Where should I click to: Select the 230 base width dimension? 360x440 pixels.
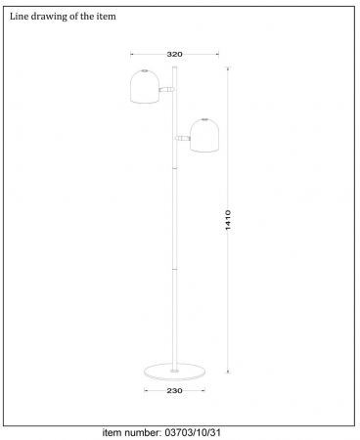click(173, 390)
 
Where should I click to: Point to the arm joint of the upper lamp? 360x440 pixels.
click(167, 89)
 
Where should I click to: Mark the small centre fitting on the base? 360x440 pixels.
click(174, 371)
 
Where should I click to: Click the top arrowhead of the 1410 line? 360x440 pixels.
click(229, 68)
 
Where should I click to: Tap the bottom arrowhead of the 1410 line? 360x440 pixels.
click(229, 371)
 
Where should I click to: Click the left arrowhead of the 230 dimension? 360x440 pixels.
click(145, 390)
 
